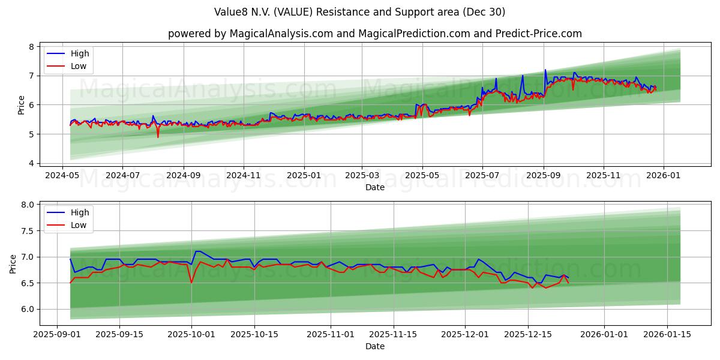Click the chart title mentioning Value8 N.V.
359,12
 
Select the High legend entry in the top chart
79,53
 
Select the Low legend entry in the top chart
78,66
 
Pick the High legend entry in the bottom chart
79,212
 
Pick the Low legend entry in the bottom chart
78,225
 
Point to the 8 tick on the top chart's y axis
31,47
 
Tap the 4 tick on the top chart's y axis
31,163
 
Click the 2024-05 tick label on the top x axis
62,175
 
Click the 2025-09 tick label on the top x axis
544,175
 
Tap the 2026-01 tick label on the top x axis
664,175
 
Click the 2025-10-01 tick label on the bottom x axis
191,334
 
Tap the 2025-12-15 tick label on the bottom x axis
528,334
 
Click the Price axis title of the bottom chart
14,263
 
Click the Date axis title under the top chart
374,187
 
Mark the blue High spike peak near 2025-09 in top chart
545,70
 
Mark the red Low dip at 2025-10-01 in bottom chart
191,283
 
